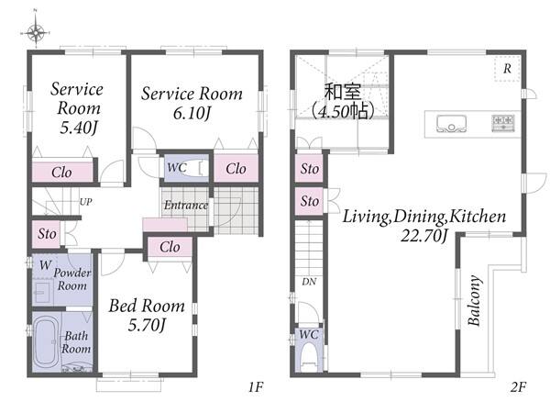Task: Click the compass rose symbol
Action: click(x=36, y=32)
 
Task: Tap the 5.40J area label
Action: click(x=78, y=128)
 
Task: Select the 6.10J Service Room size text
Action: click(x=192, y=113)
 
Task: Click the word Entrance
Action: click(x=186, y=205)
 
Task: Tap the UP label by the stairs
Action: click(x=86, y=202)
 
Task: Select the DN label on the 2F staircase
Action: click(x=309, y=282)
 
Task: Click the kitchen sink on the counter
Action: click(x=452, y=124)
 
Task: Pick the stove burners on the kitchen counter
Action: click(x=503, y=123)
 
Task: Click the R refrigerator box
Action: click(x=507, y=69)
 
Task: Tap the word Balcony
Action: click(x=474, y=301)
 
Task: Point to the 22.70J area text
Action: click(x=424, y=235)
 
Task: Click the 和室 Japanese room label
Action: click(x=342, y=92)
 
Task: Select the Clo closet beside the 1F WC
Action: click(x=236, y=169)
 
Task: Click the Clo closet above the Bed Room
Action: click(x=170, y=247)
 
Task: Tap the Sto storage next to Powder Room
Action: click(x=47, y=233)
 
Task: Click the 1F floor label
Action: click(x=256, y=387)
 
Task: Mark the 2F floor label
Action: click(x=519, y=387)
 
